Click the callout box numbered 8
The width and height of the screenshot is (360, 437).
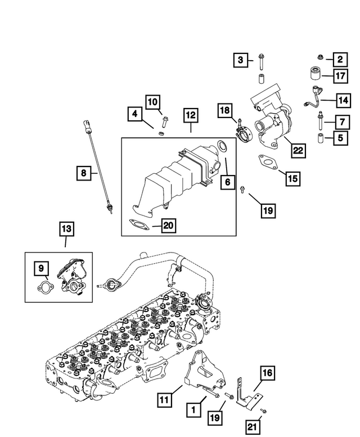tap(83, 174)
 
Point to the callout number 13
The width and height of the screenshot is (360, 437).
tap(66, 228)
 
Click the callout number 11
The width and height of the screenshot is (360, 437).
tap(164, 400)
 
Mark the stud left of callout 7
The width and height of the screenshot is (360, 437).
tap(320, 119)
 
